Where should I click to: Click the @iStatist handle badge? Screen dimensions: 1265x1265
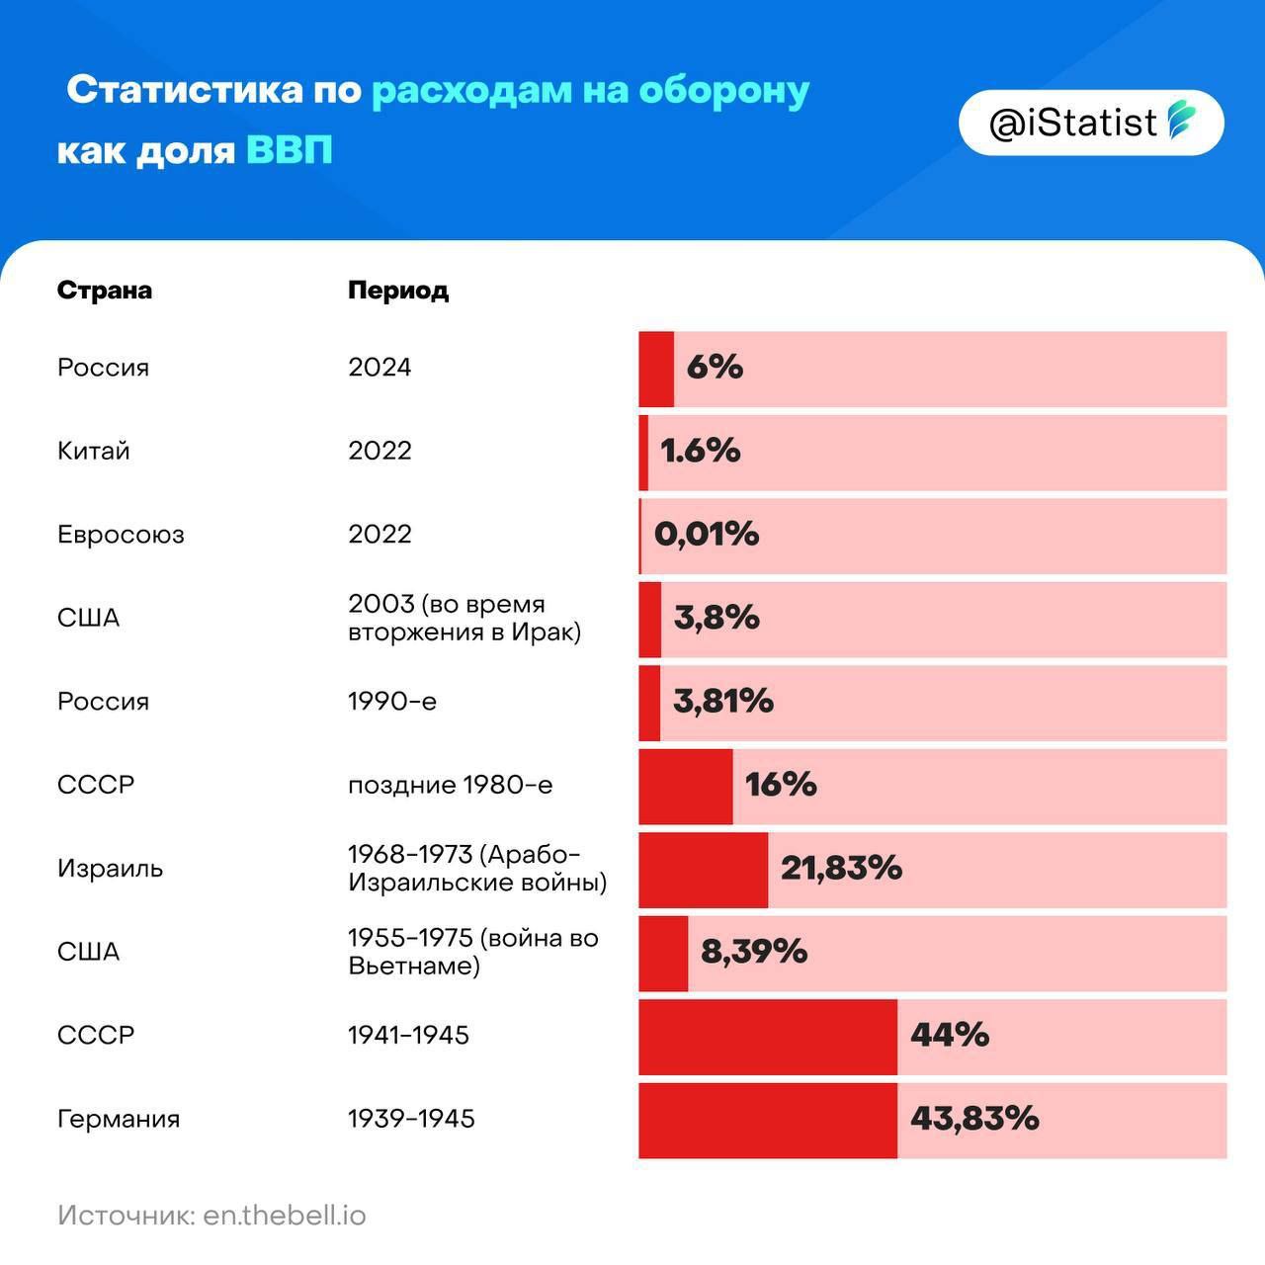tap(1091, 123)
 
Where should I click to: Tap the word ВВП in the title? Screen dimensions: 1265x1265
tap(289, 151)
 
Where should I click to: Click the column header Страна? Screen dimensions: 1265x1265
tap(105, 291)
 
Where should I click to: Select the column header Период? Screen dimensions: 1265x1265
tap(398, 291)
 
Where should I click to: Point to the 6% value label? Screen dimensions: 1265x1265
tap(715, 368)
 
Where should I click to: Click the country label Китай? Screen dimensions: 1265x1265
tap(94, 452)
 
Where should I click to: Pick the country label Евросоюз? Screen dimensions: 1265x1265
tap(121, 535)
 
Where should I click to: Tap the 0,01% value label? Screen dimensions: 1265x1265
tap(707, 535)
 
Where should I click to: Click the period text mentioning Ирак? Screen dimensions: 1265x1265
tap(464, 618)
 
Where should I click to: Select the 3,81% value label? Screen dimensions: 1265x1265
tap(723, 702)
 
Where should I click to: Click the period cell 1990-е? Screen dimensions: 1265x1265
tap(392, 702)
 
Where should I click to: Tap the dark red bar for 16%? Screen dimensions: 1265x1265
tap(686, 786)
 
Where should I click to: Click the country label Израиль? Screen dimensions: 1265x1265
tap(111, 869)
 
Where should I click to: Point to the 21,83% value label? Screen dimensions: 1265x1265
tap(842, 869)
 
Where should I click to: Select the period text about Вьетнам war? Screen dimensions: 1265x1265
tap(473, 952)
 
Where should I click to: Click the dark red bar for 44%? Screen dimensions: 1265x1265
tap(768, 1036)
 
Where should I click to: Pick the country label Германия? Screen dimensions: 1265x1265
tap(119, 1120)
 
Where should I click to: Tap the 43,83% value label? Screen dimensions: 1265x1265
tap(974, 1119)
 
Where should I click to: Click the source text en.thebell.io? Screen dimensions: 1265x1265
tap(285, 1215)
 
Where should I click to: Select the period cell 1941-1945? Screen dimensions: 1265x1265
tap(409, 1036)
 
